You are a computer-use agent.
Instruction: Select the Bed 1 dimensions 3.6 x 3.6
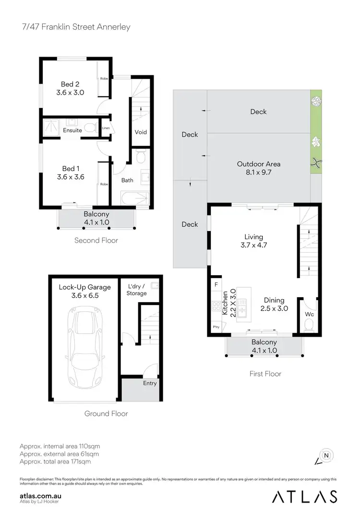click(70, 176)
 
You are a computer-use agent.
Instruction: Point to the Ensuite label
click(72, 130)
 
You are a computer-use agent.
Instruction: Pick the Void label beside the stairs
click(141, 132)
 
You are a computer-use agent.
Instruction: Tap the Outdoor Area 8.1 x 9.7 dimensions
click(259, 172)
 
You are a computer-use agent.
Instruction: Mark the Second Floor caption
click(96, 240)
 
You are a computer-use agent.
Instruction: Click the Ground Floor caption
click(106, 413)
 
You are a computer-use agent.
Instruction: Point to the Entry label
click(150, 383)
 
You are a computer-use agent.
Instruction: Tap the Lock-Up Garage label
click(84, 287)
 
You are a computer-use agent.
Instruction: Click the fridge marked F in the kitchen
click(216, 285)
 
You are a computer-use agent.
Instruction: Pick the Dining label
click(274, 301)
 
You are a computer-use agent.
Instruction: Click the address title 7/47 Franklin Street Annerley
click(75, 27)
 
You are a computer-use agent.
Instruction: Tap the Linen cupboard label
click(106, 128)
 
